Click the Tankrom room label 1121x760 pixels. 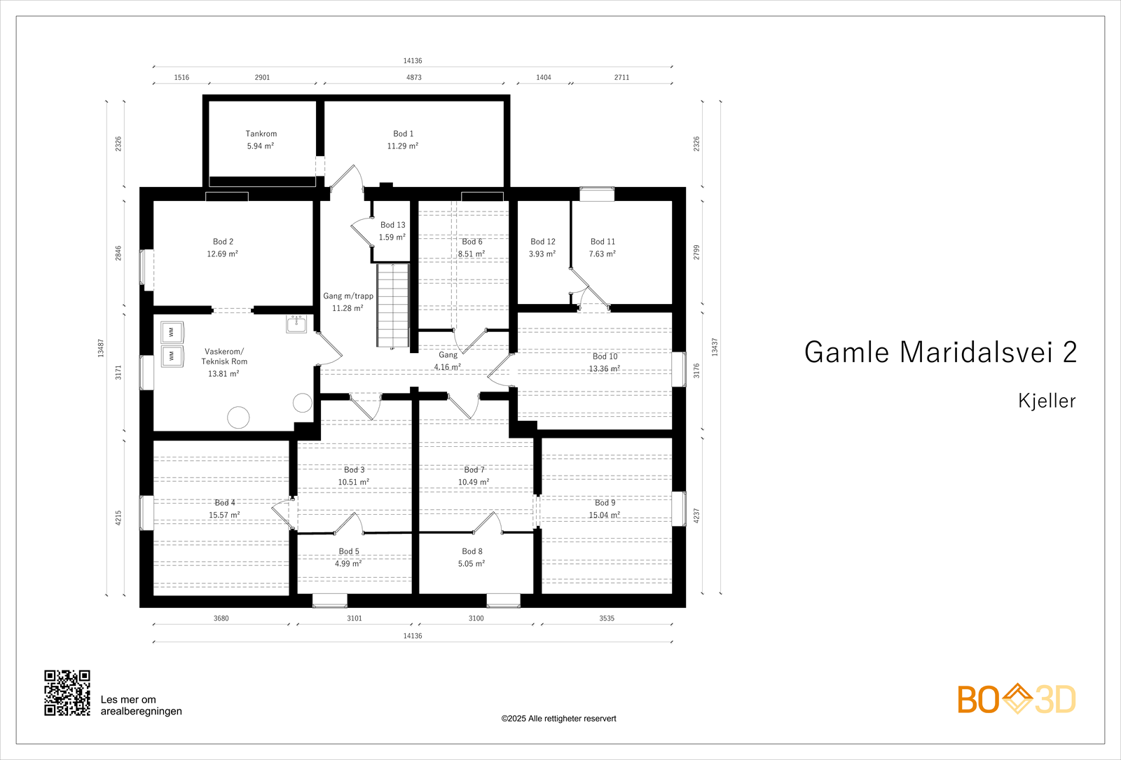[x=261, y=134]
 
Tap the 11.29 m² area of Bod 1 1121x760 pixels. [x=402, y=146]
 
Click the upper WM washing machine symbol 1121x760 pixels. [x=172, y=332]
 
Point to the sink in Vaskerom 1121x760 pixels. [x=296, y=324]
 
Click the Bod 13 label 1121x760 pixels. [x=392, y=225]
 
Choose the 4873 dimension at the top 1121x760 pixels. [x=413, y=78]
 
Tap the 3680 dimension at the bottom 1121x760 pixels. [x=221, y=619]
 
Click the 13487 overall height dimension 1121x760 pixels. [x=101, y=348]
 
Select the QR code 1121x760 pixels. [x=67, y=693]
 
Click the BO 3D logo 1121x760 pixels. [x=1017, y=699]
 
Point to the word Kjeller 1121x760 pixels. [x=1046, y=401]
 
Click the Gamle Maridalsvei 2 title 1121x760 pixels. [x=940, y=352]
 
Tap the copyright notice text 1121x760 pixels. [x=558, y=719]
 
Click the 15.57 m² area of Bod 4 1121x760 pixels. [x=224, y=516]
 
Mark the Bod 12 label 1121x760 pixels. [x=542, y=242]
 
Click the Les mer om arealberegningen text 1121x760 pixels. [x=141, y=705]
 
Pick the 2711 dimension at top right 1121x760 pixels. [x=621, y=78]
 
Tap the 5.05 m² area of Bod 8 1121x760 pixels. [x=472, y=564]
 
